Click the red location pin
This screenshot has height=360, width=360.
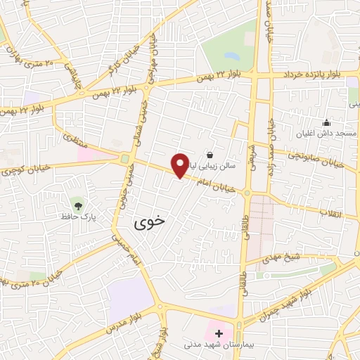pyautogui.click(x=181, y=165)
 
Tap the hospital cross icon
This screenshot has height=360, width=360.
pyautogui.click(x=219, y=333)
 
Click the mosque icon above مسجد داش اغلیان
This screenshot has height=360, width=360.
pyautogui.click(x=326, y=123)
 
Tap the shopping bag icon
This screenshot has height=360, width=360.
pyautogui.click(x=209, y=155)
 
